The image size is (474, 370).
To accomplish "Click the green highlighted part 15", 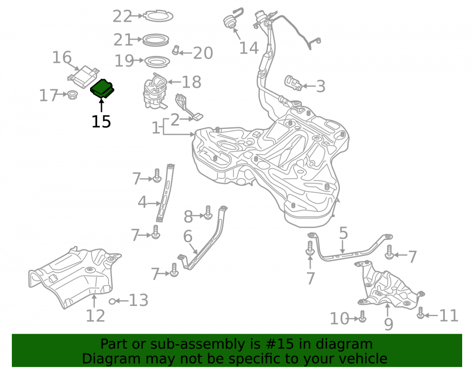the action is click(102, 89).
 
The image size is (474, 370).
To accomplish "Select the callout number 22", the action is click(122, 16).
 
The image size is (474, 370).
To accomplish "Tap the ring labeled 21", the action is click(155, 40).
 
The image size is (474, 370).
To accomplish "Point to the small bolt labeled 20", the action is click(176, 50).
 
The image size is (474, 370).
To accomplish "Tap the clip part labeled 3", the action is click(293, 83).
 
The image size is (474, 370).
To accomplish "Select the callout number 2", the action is click(175, 120).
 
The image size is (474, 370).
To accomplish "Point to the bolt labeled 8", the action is click(208, 213).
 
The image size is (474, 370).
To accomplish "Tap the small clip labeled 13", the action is click(112, 301).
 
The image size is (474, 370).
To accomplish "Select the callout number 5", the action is click(343, 233).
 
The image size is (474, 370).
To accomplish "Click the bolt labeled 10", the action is click(363, 316).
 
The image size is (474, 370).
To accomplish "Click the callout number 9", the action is click(389, 324).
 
